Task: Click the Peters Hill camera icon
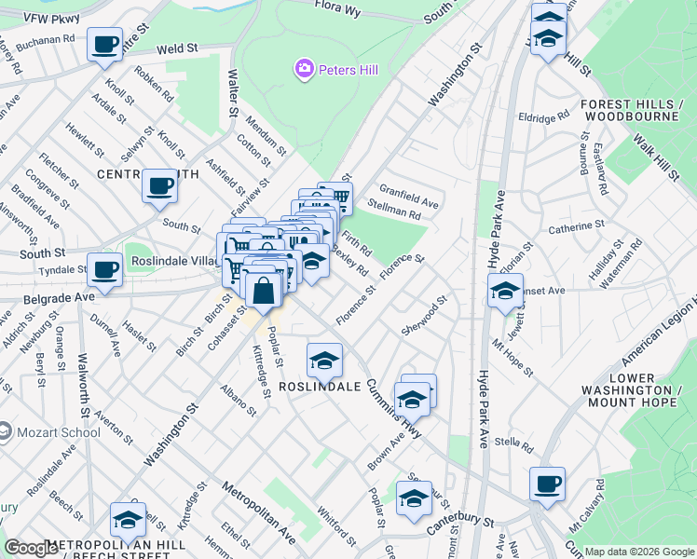coord(304,69)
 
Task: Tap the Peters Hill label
coord(348,70)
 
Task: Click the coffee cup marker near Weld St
coord(104,44)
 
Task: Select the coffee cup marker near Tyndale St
coord(104,270)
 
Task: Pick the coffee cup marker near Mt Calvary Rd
coord(547,484)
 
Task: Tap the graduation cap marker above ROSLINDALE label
coord(324,360)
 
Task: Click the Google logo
coord(32,548)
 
